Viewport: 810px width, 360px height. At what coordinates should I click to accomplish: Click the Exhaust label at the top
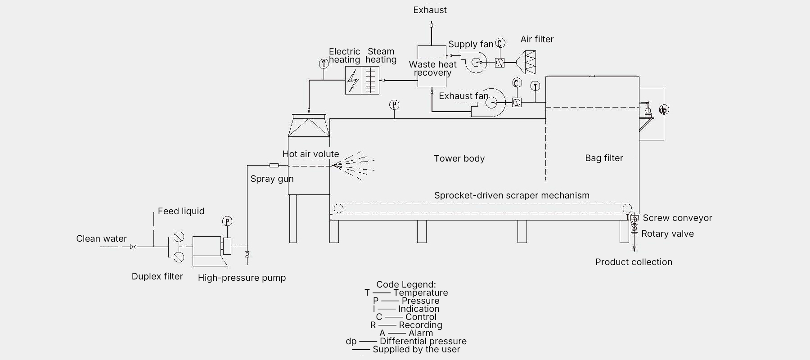pyautogui.click(x=430, y=10)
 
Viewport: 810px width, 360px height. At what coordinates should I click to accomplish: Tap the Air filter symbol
pyautogui.click(x=526, y=62)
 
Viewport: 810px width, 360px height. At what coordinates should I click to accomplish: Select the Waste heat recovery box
pyautogui.click(x=432, y=66)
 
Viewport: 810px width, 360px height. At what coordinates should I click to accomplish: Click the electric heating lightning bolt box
pyautogui.click(x=354, y=80)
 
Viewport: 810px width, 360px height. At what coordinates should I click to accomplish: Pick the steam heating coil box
pyautogui.click(x=371, y=80)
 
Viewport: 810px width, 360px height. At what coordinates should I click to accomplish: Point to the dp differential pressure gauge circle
pyautogui.click(x=664, y=110)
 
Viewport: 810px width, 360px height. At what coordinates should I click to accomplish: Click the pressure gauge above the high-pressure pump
pyautogui.click(x=227, y=221)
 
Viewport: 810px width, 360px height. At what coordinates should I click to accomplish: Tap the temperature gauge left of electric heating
pyautogui.click(x=324, y=63)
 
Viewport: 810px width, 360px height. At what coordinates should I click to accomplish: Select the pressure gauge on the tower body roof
pyautogui.click(x=394, y=105)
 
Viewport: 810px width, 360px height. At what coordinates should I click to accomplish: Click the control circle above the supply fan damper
pyautogui.click(x=500, y=43)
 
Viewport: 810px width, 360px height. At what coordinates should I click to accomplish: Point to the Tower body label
pyautogui.click(x=459, y=158)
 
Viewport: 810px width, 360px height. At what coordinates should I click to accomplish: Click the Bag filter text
pyautogui.click(x=604, y=158)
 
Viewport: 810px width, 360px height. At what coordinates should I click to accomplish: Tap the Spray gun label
pyautogui.click(x=272, y=179)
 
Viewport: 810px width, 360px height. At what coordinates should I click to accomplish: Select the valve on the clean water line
pyautogui.click(x=133, y=247)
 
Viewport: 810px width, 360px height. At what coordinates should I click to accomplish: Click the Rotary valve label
pyautogui.click(x=667, y=234)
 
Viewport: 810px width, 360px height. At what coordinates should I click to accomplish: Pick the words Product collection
pyautogui.click(x=634, y=262)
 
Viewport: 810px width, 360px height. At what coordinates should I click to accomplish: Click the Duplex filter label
pyautogui.click(x=157, y=276)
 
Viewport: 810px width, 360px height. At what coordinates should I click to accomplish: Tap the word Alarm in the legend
pyautogui.click(x=421, y=333)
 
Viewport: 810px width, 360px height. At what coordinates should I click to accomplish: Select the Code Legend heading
pyautogui.click(x=406, y=284)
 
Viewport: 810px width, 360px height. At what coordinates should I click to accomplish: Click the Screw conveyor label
pyautogui.click(x=677, y=218)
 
